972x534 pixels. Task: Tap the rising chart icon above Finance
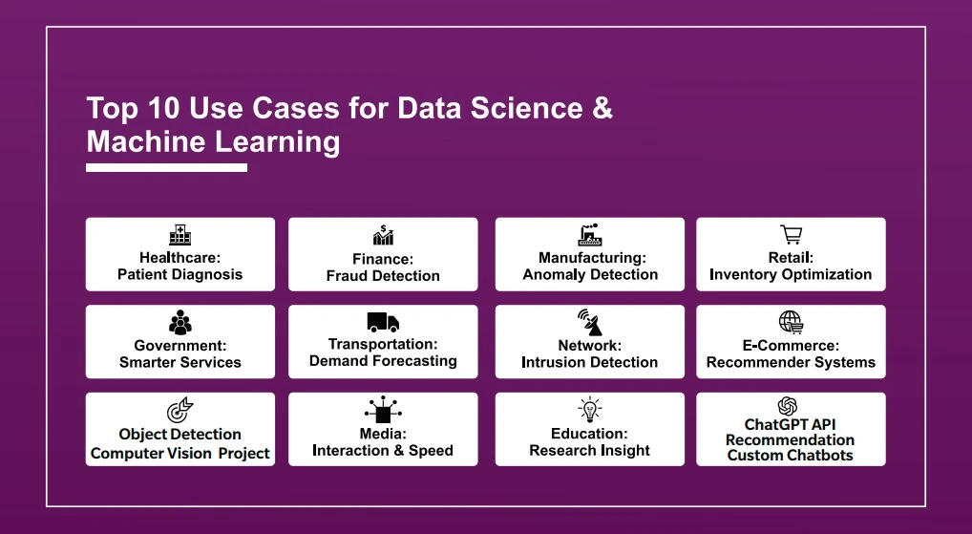coord(383,235)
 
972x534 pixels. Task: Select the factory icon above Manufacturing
coord(589,235)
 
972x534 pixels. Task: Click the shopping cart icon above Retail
coord(791,234)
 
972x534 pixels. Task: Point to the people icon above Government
coord(180,323)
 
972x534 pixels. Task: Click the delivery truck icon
coord(383,322)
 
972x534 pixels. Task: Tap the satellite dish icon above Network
coord(589,323)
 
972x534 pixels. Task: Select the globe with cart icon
coord(791,323)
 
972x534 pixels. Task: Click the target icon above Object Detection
coord(180,411)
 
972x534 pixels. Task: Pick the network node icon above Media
coord(383,410)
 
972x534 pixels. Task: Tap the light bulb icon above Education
coord(589,410)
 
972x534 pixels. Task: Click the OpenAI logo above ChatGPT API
coord(788,406)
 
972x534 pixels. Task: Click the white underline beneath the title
coord(167,167)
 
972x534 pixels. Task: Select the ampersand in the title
coord(602,108)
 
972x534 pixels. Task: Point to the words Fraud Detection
coord(383,276)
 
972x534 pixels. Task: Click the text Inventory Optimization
coord(791,275)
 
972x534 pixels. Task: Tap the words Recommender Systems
coord(791,362)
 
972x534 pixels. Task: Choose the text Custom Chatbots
coord(791,456)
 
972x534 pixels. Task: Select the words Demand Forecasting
coord(383,361)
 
